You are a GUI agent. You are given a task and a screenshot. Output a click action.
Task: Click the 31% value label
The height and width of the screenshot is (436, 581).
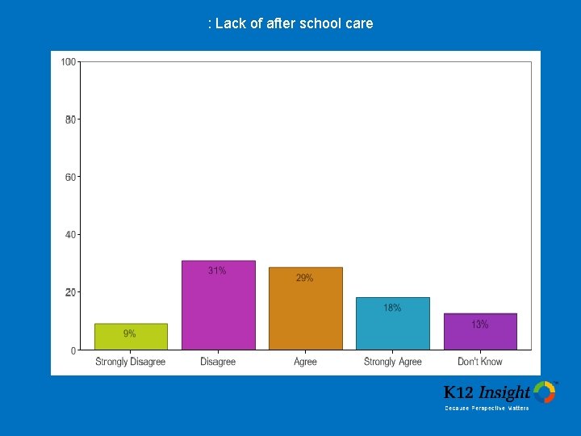(x=217, y=270)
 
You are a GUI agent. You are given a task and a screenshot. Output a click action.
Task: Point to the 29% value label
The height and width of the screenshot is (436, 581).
(x=304, y=278)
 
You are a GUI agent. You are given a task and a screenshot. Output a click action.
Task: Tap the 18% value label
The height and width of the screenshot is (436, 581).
(x=392, y=308)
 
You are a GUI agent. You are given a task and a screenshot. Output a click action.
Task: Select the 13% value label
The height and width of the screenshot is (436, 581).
(x=479, y=324)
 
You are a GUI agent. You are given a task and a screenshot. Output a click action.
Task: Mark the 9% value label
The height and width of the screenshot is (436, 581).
(x=129, y=333)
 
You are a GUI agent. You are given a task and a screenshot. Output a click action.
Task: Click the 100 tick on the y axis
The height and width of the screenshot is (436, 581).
(x=69, y=61)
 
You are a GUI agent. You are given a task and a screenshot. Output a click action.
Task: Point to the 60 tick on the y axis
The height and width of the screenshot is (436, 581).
(x=71, y=177)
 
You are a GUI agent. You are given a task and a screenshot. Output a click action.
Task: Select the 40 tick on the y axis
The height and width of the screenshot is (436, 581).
(x=71, y=234)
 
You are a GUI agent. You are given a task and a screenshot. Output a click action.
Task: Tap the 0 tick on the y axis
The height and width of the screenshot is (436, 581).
(x=73, y=350)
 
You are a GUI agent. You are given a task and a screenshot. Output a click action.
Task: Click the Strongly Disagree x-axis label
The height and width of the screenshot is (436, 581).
(x=131, y=362)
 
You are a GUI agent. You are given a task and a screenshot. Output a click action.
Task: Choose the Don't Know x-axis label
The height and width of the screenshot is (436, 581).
(x=480, y=362)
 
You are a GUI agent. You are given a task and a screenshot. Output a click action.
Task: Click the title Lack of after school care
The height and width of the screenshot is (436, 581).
(x=290, y=23)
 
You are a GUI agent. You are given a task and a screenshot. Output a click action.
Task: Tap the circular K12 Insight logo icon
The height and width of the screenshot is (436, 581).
(x=545, y=392)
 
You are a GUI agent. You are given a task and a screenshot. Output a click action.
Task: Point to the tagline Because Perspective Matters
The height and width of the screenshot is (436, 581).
(x=487, y=409)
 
